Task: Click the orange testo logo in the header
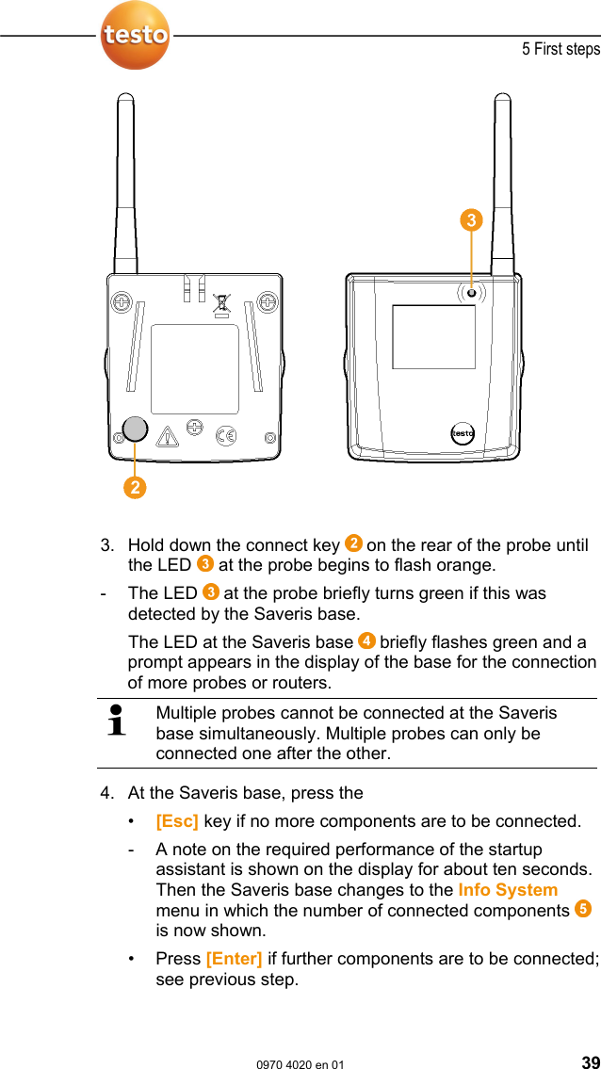coord(135,35)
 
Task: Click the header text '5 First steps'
coord(560,49)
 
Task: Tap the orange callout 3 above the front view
coord(471,221)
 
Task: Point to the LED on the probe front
coord(471,292)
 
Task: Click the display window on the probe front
coord(433,336)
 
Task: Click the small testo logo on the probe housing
coord(462,433)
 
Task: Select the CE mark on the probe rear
coord(226,435)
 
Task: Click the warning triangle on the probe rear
coord(168,436)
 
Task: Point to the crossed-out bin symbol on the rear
coord(221,304)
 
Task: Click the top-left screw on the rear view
coord(122,302)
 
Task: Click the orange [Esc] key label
coord(177,821)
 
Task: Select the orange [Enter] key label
coord(234,959)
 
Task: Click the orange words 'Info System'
coord(508,890)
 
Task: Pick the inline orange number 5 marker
coord(583,909)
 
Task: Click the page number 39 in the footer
coord(589,1061)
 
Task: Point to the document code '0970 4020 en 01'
coord(300,1063)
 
